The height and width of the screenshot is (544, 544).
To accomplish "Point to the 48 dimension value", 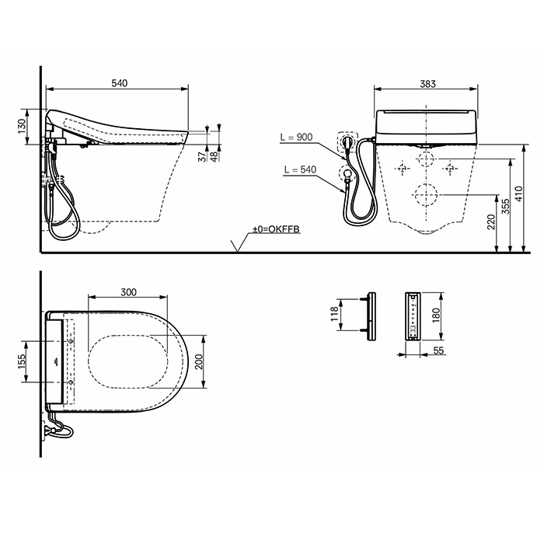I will [215, 158].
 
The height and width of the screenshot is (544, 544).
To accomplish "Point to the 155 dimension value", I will [23, 362].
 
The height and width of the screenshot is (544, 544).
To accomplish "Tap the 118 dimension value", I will [335, 315].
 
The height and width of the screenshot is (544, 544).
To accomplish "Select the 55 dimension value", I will [438, 351].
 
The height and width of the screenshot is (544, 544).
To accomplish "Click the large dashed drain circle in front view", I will [424, 194].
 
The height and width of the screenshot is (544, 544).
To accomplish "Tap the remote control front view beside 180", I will [413, 316].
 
